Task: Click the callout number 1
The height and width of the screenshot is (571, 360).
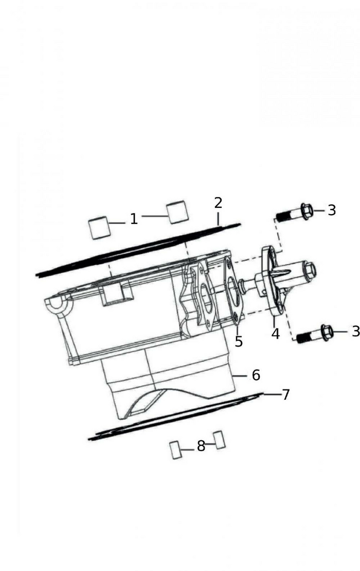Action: pyautogui.click(x=134, y=219)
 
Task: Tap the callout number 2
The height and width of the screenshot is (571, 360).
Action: pyautogui.click(x=218, y=203)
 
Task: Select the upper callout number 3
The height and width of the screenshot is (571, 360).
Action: pyautogui.click(x=331, y=210)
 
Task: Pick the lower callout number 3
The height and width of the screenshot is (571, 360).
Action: pyautogui.click(x=355, y=331)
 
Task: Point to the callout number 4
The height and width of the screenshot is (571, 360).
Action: pyautogui.click(x=276, y=333)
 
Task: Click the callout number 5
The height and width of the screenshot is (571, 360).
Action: pyautogui.click(x=239, y=341)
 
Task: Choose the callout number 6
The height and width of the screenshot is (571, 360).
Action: pyautogui.click(x=256, y=375)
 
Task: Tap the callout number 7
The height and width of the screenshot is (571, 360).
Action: pyautogui.click(x=286, y=395)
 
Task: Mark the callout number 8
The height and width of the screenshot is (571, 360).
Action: pyautogui.click(x=201, y=446)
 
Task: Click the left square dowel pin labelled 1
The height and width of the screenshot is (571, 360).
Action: pyautogui.click(x=99, y=228)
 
